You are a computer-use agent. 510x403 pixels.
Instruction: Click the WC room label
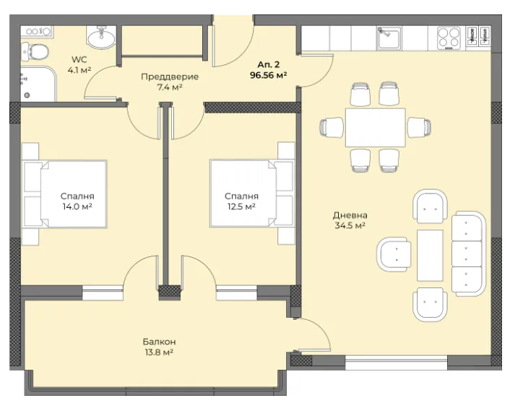(x=79, y=59)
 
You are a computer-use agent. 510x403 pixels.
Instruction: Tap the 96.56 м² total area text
(x=268, y=75)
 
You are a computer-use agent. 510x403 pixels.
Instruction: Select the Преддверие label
(x=170, y=77)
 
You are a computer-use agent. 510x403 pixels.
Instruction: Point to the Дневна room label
(x=350, y=215)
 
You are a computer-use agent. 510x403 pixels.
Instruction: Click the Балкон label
(x=159, y=342)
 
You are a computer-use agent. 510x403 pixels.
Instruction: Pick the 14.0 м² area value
(x=77, y=207)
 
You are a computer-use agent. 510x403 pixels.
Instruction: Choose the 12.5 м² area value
(x=241, y=207)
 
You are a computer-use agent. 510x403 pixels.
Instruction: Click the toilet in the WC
(x=35, y=52)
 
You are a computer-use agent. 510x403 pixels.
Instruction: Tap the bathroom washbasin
(x=101, y=38)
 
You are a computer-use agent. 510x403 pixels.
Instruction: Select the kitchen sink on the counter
(x=389, y=39)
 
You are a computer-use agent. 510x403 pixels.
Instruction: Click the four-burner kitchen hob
(x=449, y=38)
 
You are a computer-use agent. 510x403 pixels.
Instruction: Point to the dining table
(x=376, y=128)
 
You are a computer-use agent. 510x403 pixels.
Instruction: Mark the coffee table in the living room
(x=430, y=256)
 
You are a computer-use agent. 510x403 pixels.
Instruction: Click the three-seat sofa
(x=468, y=253)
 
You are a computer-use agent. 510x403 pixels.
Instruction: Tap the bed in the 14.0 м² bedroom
(x=64, y=194)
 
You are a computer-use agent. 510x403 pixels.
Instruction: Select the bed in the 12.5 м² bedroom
(x=252, y=194)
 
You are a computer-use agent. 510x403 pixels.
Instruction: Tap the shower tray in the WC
(x=38, y=84)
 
